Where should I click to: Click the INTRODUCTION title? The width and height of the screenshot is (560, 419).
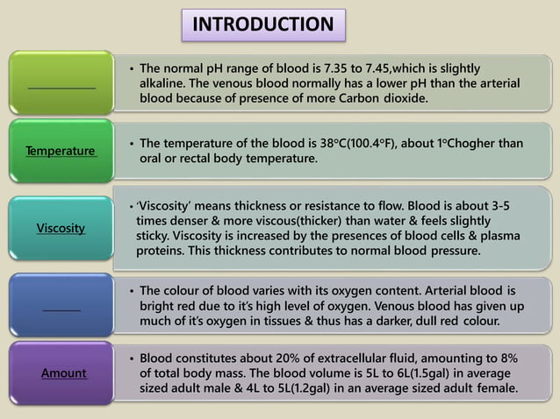tap(263, 25)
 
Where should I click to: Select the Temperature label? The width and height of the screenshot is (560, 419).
tap(61, 151)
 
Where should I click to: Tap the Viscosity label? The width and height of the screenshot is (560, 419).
tap(61, 228)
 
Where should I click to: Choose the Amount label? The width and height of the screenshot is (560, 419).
tap(63, 373)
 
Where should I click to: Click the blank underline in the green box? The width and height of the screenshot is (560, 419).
tap(61, 86)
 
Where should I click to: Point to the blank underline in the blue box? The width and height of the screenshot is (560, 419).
tap(61, 309)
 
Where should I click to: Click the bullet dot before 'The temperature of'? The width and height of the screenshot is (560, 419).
tap(131, 144)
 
